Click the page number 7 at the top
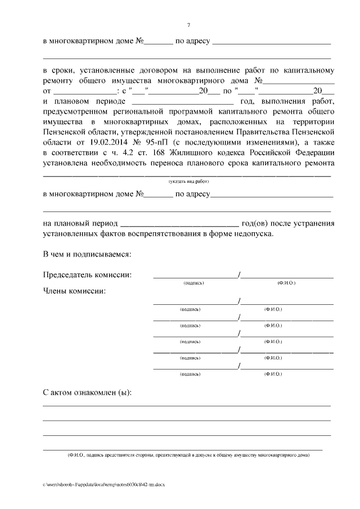point(188,25)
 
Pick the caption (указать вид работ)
point(188,182)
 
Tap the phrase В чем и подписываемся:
point(87,254)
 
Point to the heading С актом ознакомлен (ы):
point(88,391)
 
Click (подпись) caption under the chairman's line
point(193,283)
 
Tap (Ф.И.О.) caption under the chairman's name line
point(286,283)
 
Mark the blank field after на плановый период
point(179,223)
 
